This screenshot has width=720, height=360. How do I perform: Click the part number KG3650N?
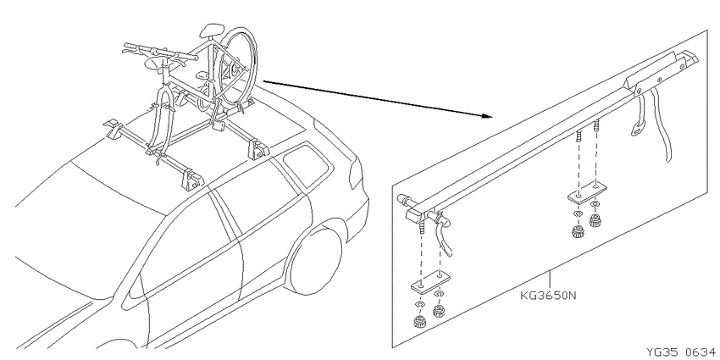(548, 295)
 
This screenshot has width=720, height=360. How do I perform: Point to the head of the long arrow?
(487, 115)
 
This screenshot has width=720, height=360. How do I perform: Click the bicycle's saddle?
(213, 30)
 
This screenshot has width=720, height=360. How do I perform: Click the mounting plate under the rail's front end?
(430, 282)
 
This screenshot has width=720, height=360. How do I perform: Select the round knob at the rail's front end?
(403, 200)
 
